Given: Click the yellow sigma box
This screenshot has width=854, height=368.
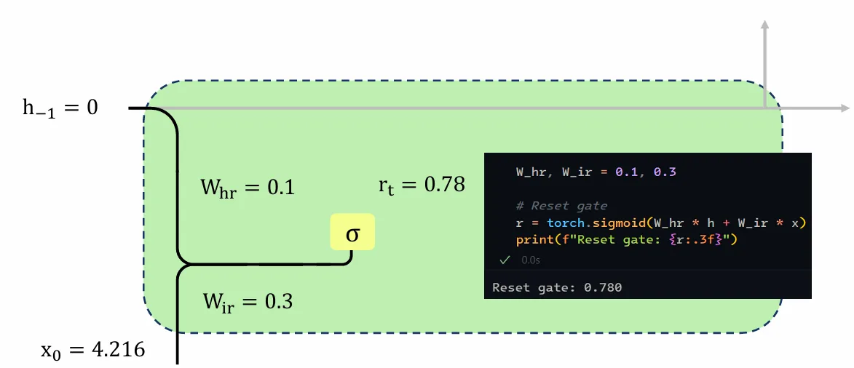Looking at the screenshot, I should click(x=352, y=232).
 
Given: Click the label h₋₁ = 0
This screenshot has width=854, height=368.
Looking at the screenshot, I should click(x=60, y=108).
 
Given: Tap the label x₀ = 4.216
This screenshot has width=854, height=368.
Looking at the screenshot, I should click(x=92, y=350).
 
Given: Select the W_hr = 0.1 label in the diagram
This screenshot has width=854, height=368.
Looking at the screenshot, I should click(x=248, y=188).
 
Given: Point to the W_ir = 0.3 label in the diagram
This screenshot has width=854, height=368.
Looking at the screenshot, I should click(x=248, y=300).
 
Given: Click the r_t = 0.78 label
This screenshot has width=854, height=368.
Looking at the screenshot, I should click(x=422, y=185).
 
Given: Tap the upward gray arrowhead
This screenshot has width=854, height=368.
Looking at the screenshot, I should click(x=765, y=26).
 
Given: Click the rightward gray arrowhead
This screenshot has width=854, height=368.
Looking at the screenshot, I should click(x=845, y=109).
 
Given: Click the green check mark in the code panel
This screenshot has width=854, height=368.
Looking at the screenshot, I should click(x=505, y=260).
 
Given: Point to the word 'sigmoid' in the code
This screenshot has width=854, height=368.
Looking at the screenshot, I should click(x=611, y=223).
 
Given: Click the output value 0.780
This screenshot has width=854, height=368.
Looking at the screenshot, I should click(x=603, y=287).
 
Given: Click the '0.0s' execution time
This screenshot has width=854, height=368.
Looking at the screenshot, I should click(x=531, y=260).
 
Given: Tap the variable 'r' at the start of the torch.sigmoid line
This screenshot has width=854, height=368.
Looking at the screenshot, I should click(x=518, y=223).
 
